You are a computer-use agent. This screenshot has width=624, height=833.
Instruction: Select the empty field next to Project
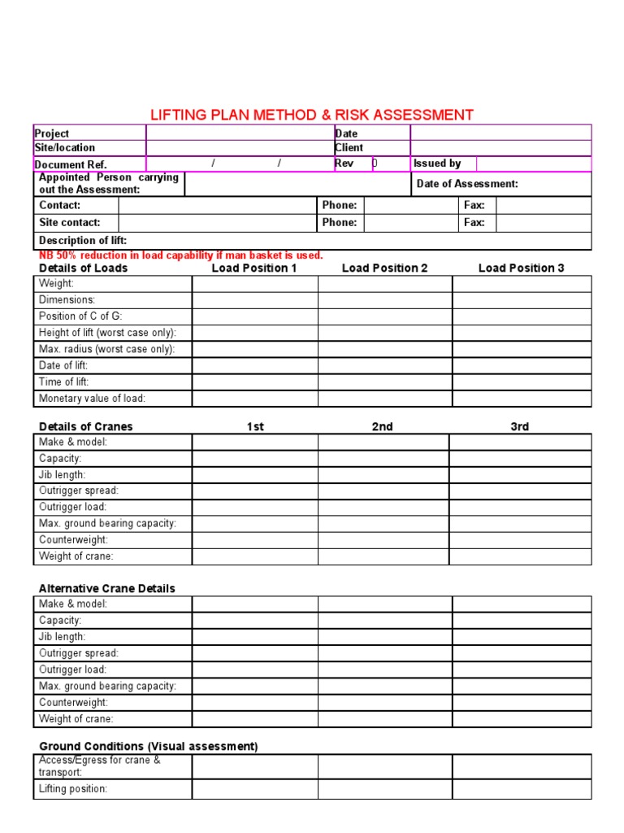tap(240, 133)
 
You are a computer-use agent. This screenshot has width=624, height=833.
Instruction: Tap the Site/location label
tap(64, 148)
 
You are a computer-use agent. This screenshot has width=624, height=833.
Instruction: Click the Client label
tap(349, 148)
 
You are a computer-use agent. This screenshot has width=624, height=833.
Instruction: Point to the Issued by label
tap(437, 164)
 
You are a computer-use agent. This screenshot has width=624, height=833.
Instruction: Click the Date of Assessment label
tap(467, 184)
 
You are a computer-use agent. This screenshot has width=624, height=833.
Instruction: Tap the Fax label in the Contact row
tap(474, 206)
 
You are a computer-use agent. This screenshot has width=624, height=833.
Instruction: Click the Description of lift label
tap(83, 241)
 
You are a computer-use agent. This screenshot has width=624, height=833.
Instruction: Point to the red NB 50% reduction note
tap(180, 255)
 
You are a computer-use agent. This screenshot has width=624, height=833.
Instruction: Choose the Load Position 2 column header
tap(384, 268)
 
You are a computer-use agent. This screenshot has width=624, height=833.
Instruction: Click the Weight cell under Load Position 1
tap(254, 284)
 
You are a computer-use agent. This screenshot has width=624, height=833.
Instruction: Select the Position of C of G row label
tap(80, 316)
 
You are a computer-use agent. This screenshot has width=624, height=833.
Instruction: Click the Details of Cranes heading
tap(85, 426)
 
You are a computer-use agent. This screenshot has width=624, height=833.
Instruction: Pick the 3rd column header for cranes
tap(519, 426)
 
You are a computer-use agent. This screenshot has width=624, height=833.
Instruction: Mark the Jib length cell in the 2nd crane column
tap(383, 475)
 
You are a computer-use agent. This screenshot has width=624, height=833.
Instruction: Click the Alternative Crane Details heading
tap(107, 588)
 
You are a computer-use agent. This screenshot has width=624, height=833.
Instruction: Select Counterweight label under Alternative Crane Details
tap(73, 703)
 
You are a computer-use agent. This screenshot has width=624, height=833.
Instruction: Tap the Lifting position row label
tap(73, 789)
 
